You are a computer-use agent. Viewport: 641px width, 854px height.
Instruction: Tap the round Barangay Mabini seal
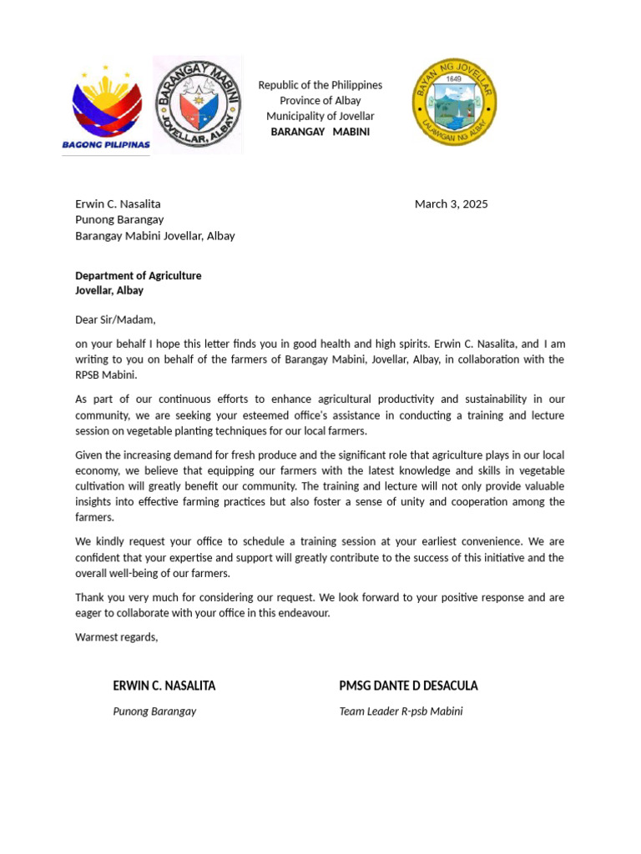(199, 104)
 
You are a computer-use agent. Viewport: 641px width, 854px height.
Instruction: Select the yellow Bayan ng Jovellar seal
(454, 102)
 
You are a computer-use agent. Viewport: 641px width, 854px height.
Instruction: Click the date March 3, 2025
(451, 203)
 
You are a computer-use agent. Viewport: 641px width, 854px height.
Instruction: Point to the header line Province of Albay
(320, 101)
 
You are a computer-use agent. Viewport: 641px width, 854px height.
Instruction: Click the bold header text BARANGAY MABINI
(320, 132)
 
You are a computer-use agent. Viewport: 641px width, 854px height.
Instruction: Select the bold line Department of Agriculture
(139, 275)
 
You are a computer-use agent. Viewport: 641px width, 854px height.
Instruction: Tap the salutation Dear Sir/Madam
(115, 319)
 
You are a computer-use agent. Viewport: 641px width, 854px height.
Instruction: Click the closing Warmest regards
(116, 637)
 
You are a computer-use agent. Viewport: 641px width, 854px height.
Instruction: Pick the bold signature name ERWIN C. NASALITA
(164, 686)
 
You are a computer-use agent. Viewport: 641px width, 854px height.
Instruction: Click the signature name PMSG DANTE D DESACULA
(408, 686)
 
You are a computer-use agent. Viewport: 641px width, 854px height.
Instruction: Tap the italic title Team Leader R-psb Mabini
(401, 711)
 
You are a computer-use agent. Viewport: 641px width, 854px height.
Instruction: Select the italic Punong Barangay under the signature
(154, 711)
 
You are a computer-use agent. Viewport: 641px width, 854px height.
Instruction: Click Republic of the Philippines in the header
(320, 85)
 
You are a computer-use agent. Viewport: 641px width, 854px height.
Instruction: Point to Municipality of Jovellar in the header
(320, 116)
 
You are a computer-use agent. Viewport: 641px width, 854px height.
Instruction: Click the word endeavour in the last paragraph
(304, 613)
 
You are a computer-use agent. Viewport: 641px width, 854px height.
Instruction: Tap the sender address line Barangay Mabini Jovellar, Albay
(155, 236)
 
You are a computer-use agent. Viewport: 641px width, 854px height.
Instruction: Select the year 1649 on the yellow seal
(454, 78)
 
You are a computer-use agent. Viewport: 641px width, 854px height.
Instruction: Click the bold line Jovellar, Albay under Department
(109, 290)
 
